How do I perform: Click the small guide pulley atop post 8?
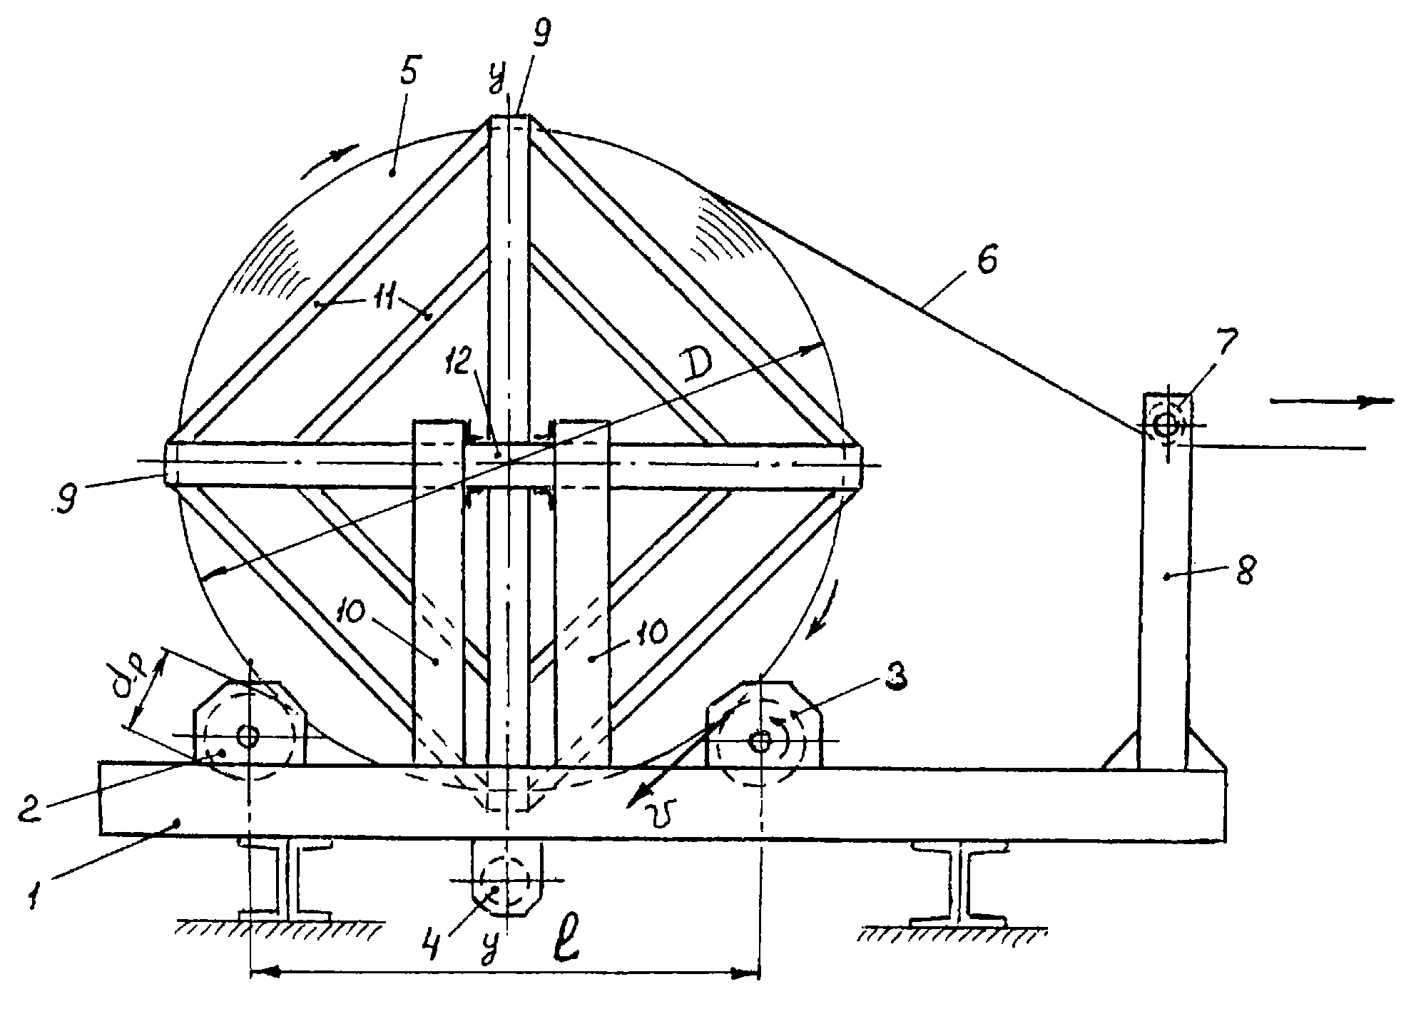point(1167,426)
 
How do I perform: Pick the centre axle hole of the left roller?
point(248,736)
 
